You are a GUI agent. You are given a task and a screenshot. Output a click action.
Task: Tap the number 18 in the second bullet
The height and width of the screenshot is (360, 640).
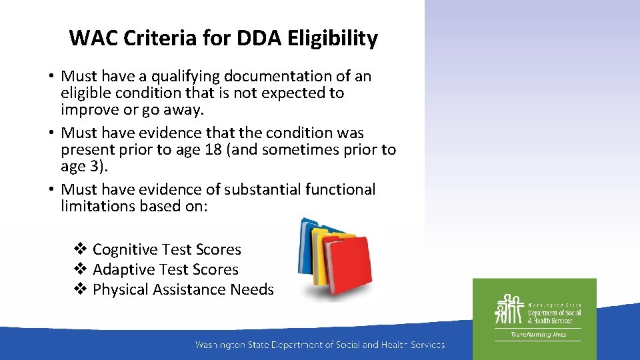(x=215, y=150)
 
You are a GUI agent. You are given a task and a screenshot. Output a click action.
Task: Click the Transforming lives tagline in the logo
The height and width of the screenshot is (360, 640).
(x=537, y=335)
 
